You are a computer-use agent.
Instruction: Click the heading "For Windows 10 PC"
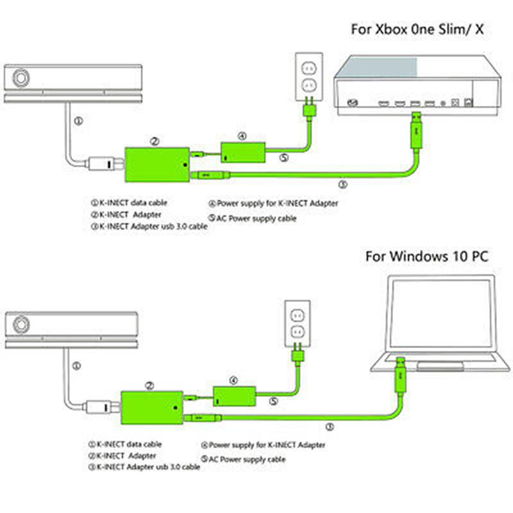tap(427, 256)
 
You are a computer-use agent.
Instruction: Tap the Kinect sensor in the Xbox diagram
tap(71, 83)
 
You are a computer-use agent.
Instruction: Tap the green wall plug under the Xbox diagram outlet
tap(309, 109)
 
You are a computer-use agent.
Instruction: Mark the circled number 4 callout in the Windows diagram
tap(233, 380)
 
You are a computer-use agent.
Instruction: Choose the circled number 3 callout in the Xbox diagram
tap(342, 185)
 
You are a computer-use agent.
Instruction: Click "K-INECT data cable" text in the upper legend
tap(129, 203)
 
